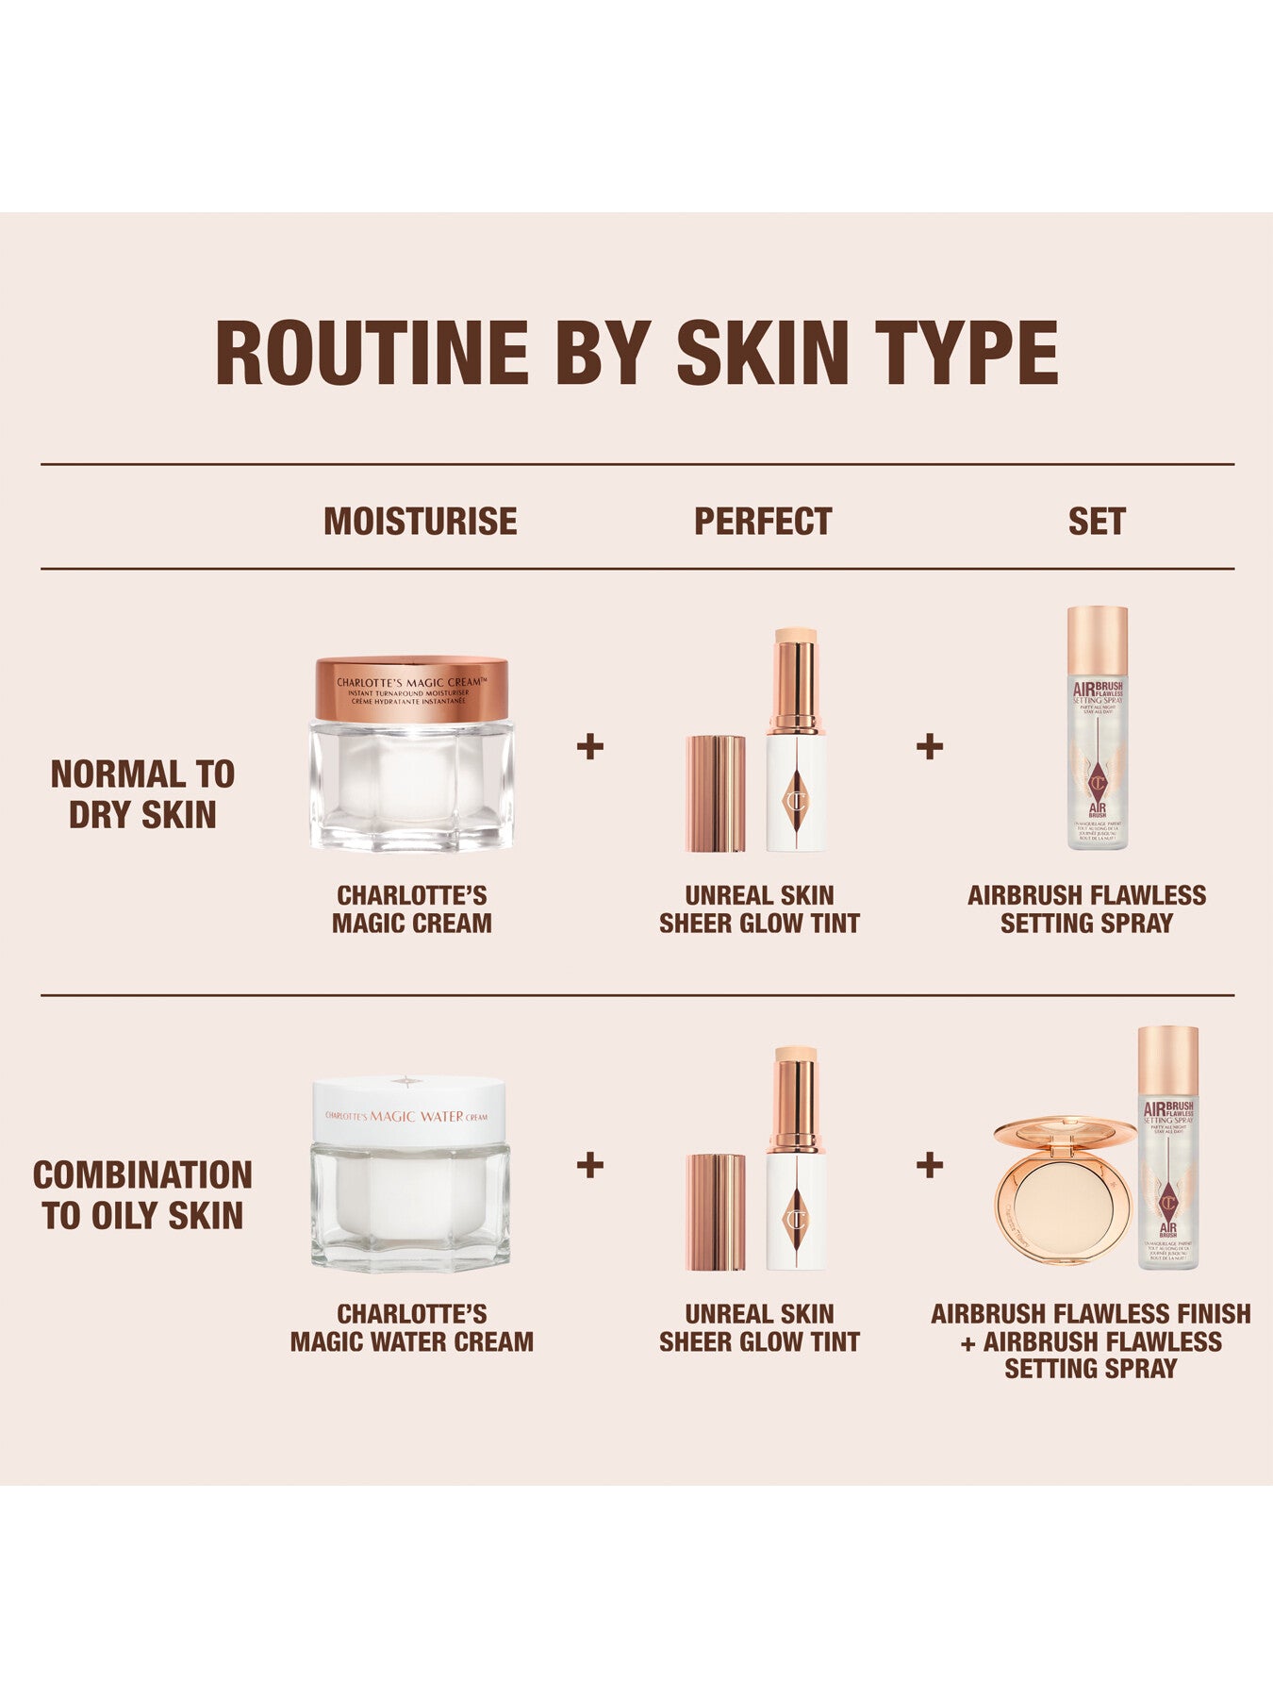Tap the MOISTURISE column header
[x=420, y=521]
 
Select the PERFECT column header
[x=762, y=521]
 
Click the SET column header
[x=1096, y=521]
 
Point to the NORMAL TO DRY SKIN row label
[x=142, y=793]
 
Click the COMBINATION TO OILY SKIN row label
[x=142, y=1194]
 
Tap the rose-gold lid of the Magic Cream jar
[x=411, y=690]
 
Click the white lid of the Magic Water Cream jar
[x=408, y=1111]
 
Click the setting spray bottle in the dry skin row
[x=1097, y=728]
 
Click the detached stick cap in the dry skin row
[x=716, y=793]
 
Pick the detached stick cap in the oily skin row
[x=716, y=1211]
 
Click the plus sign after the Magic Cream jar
[x=590, y=747]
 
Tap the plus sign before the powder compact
[x=930, y=1165]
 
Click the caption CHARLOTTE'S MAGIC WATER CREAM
[x=411, y=1327]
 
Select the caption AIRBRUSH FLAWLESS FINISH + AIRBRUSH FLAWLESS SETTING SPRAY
[x=1090, y=1340]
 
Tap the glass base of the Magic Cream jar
[x=411, y=788]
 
